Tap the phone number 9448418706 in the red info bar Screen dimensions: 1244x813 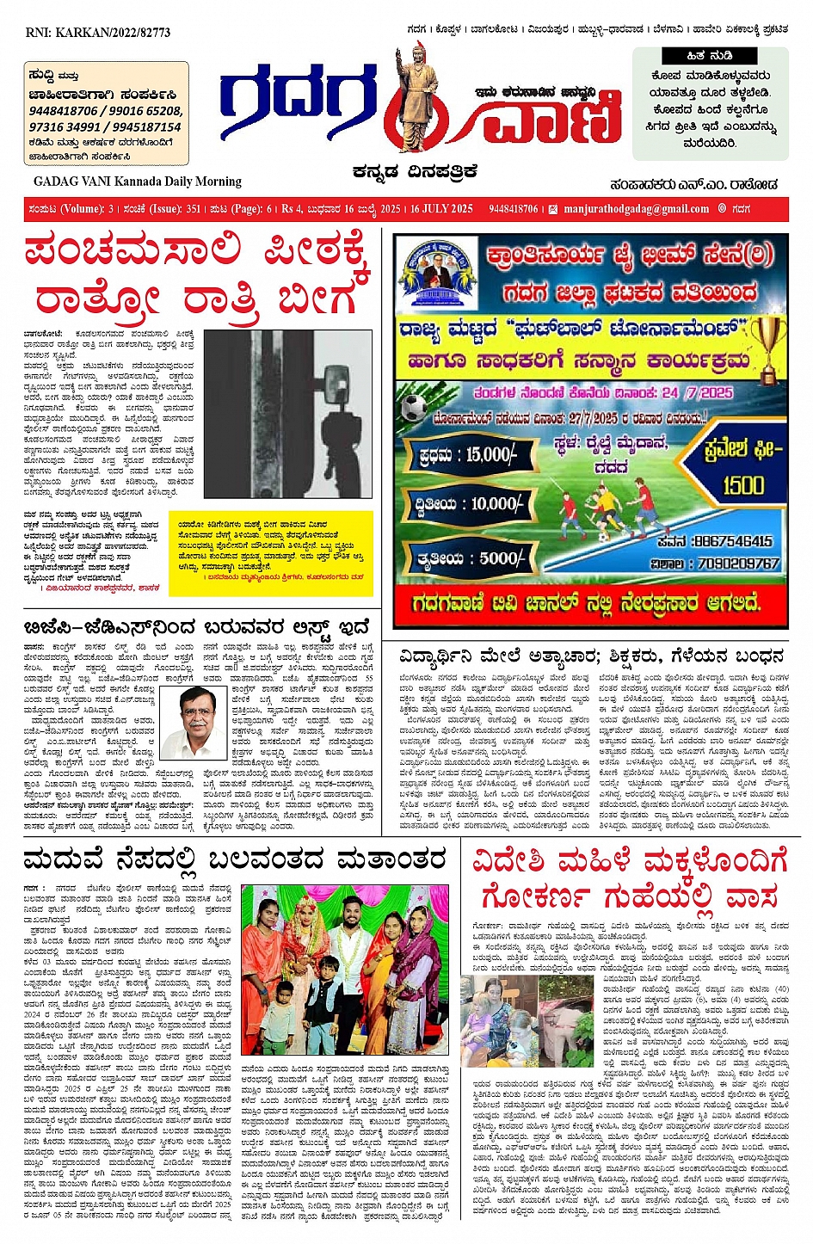(514, 209)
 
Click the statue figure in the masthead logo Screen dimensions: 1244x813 (418, 96)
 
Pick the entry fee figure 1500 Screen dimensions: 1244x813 (742, 485)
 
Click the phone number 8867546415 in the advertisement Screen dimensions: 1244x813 (731, 541)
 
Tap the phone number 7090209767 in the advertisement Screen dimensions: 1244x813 (738, 563)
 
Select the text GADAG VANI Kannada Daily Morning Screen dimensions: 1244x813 (138, 182)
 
